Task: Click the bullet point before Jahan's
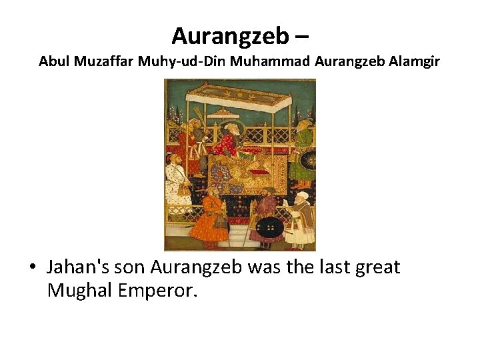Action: click(x=32, y=268)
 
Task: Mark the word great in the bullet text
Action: click(x=375, y=267)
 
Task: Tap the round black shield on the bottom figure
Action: click(x=269, y=227)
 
